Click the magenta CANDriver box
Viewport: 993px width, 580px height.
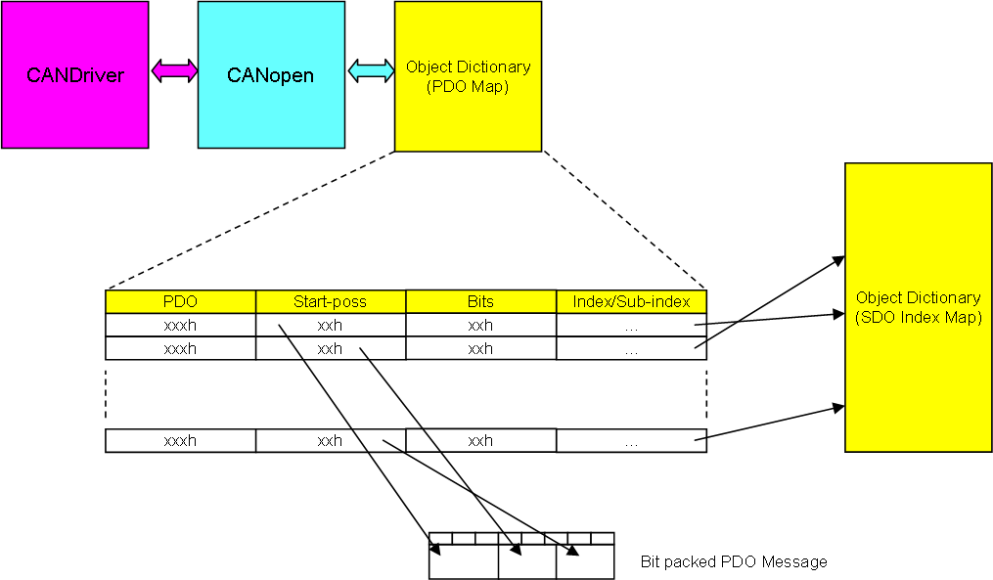(74, 74)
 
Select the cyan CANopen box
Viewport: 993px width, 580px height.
(271, 74)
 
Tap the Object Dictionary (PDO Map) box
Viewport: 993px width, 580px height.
(468, 76)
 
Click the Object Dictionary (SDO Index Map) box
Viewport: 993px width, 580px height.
(919, 308)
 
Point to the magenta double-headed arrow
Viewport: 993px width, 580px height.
(173, 70)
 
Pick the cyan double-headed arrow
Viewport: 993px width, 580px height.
(371, 70)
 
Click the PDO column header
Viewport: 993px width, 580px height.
(180, 301)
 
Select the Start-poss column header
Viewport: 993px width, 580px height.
(331, 301)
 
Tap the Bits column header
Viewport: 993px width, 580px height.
(480, 301)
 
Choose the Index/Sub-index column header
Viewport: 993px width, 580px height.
(631, 301)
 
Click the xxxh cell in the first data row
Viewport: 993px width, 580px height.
(180, 325)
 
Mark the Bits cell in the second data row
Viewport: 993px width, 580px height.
(480, 348)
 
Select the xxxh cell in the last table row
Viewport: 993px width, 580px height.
(180, 441)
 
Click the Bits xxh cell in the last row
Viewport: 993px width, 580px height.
(480, 441)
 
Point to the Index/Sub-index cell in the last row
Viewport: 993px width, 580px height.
(631, 441)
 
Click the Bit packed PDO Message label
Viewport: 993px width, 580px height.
(734, 561)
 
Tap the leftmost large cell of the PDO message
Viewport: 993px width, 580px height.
(464, 561)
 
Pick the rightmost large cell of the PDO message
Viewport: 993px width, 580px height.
(585, 561)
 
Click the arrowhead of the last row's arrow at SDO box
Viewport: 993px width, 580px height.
(838, 409)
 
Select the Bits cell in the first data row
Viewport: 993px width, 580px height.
(480, 325)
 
